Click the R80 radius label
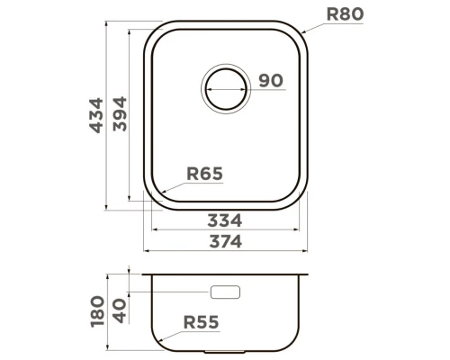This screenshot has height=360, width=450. (344, 14)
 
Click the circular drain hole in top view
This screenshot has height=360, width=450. (226, 88)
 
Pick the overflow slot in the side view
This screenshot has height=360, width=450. (225, 292)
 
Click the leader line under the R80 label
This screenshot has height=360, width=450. (335, 25)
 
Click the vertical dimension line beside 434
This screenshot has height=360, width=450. (108, 118)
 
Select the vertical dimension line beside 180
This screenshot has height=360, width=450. (109, 311)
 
